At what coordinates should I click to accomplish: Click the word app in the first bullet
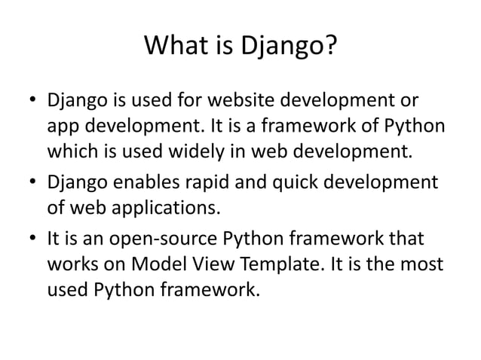point(64,128)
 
